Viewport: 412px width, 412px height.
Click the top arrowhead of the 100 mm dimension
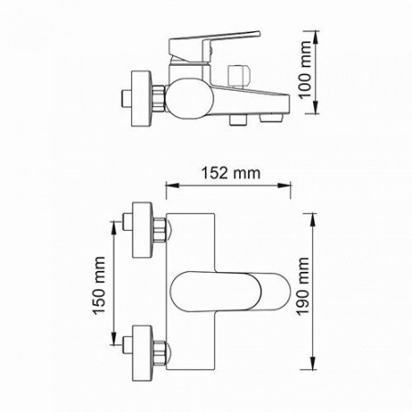coord(317,38)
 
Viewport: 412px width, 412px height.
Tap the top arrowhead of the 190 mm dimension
coord(317,216)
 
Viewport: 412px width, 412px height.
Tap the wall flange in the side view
coord(140,96)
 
